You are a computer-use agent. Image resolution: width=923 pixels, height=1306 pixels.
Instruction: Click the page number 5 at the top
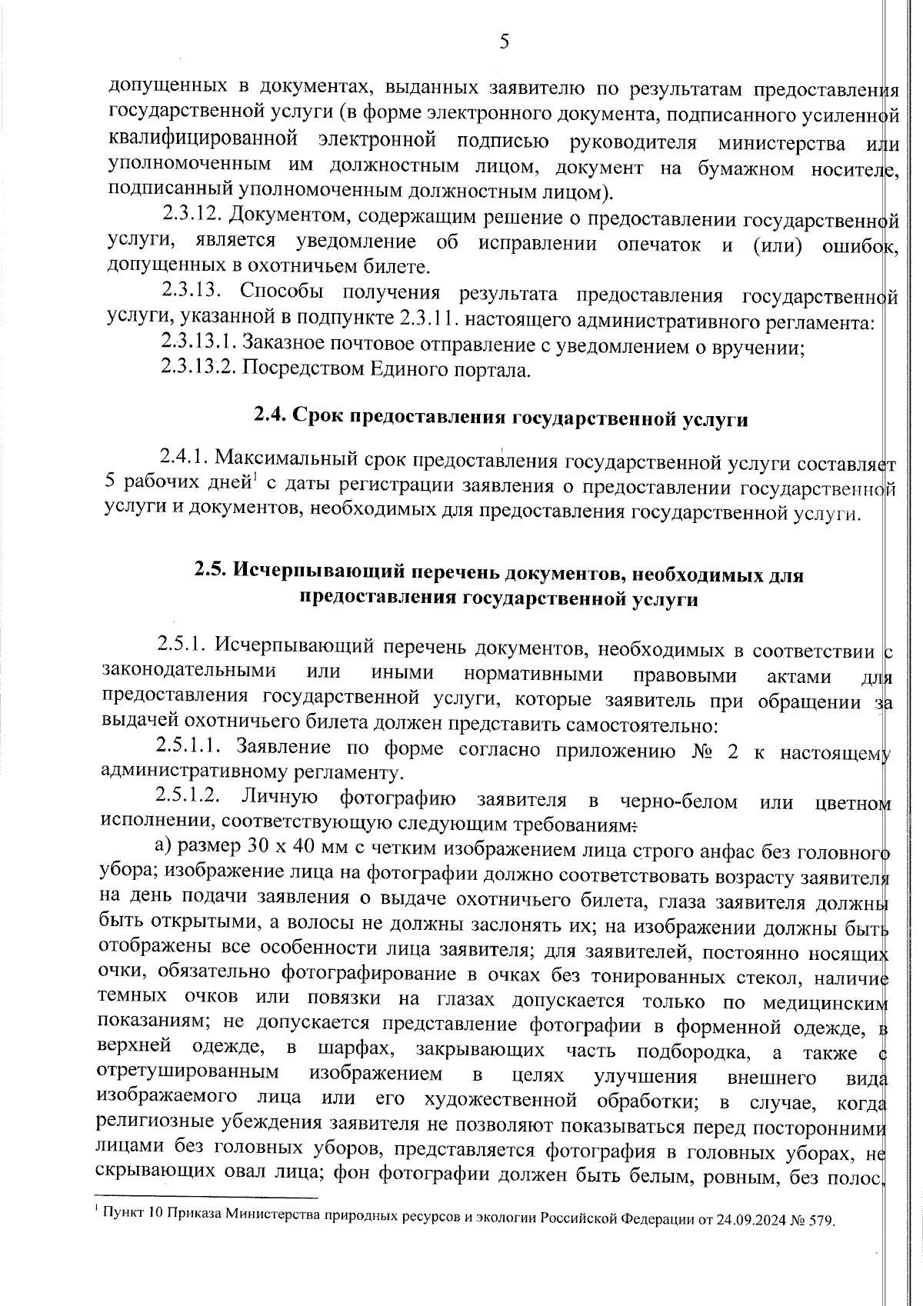(505, 42)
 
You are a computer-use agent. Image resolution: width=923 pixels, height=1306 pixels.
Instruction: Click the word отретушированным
(189, 1074)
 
